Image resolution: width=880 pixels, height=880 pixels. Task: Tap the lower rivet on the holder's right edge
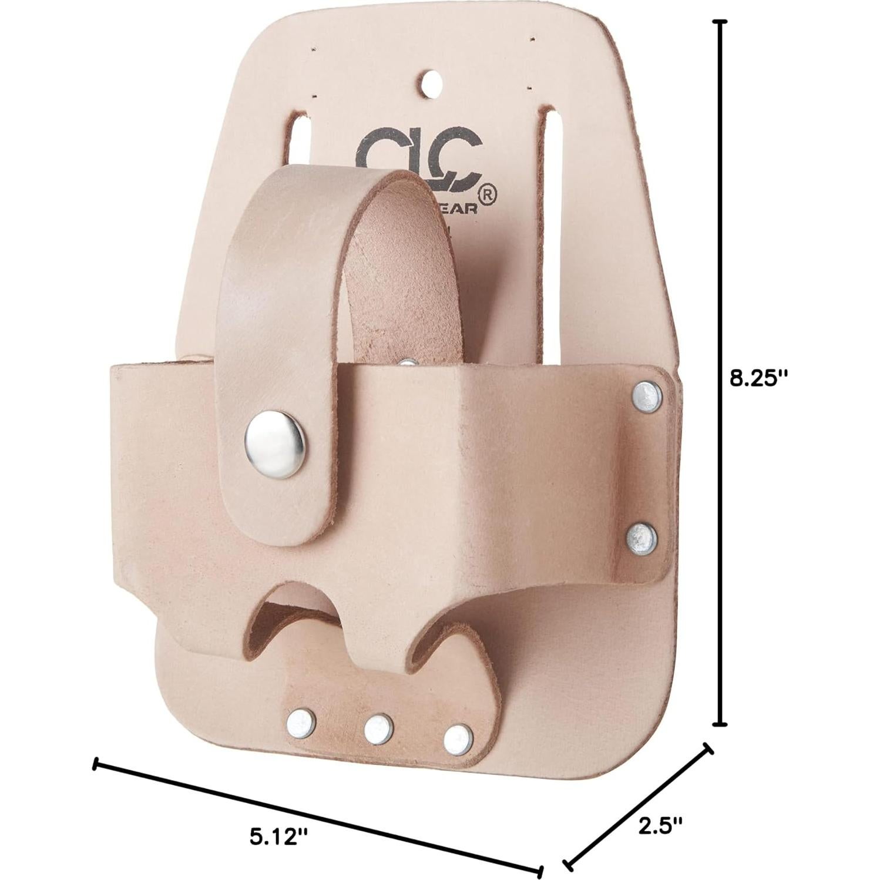pyautogui.click(x=641, y=538)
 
